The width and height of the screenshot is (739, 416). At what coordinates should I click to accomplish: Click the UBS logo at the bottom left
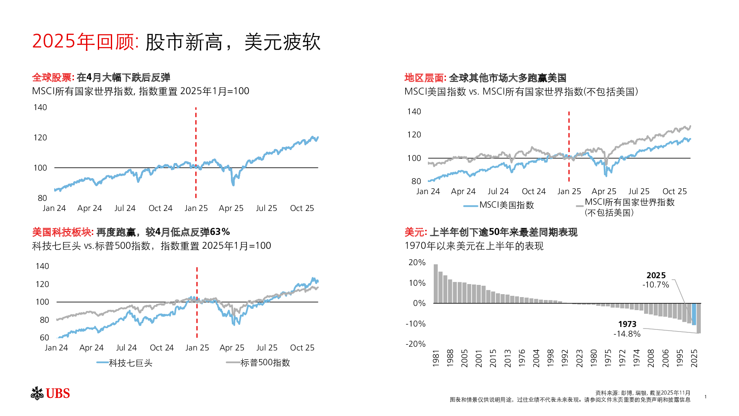pos(50,393)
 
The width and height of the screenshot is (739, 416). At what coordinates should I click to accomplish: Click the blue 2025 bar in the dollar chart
pos(694,314)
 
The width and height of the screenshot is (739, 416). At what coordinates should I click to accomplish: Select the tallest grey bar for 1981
pos(436,284)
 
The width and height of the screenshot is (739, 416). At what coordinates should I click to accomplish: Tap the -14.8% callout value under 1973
pos(627,334)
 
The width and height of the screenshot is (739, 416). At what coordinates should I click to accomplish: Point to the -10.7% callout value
pos(655,285)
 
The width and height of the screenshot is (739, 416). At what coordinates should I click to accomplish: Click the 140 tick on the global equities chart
pos(40,108)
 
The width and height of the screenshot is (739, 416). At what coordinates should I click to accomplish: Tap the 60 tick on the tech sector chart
pos(45,338)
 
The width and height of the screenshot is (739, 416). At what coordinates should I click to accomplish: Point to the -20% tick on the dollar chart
pos(415,344)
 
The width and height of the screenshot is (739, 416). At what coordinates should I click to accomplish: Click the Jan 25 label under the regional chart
pos(569,192)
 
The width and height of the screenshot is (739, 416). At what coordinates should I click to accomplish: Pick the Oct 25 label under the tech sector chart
pos(302,348)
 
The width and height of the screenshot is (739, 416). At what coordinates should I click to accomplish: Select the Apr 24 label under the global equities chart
pos(89,208)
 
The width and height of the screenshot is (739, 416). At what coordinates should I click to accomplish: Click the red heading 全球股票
pos(53,78)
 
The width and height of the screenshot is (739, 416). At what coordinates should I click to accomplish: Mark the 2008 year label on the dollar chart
pos(651,358)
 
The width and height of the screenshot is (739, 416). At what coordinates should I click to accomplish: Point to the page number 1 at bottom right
pos(705,397)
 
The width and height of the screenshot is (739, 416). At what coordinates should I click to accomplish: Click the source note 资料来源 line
pos(642,393)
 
